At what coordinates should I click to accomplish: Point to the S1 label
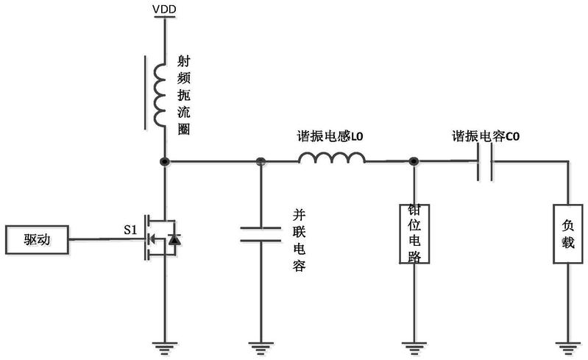pyautogui.click(x=131, y=230)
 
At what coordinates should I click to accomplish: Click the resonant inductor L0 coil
pyautogui.click(x=331, y=159)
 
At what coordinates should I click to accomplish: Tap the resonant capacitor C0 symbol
pyautogui.click(x=484, y=161)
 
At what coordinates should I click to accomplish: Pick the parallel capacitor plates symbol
pyautogui.click(x=260, y=233)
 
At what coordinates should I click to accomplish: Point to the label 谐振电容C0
pyautogui.click(x=487, y=137)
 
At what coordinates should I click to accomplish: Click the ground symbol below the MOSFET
pyautogui.click(x=163, y=342)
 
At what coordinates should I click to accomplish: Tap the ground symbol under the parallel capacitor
pyautogui.click(x=260, y=342)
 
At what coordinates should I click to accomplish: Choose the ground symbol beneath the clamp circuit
pyautogui.click(x=414, y=342)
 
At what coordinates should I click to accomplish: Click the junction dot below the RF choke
pyautogui.click(x=163, y=161)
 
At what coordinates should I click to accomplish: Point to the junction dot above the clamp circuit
pyautogui.click(x=414, y=161)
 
